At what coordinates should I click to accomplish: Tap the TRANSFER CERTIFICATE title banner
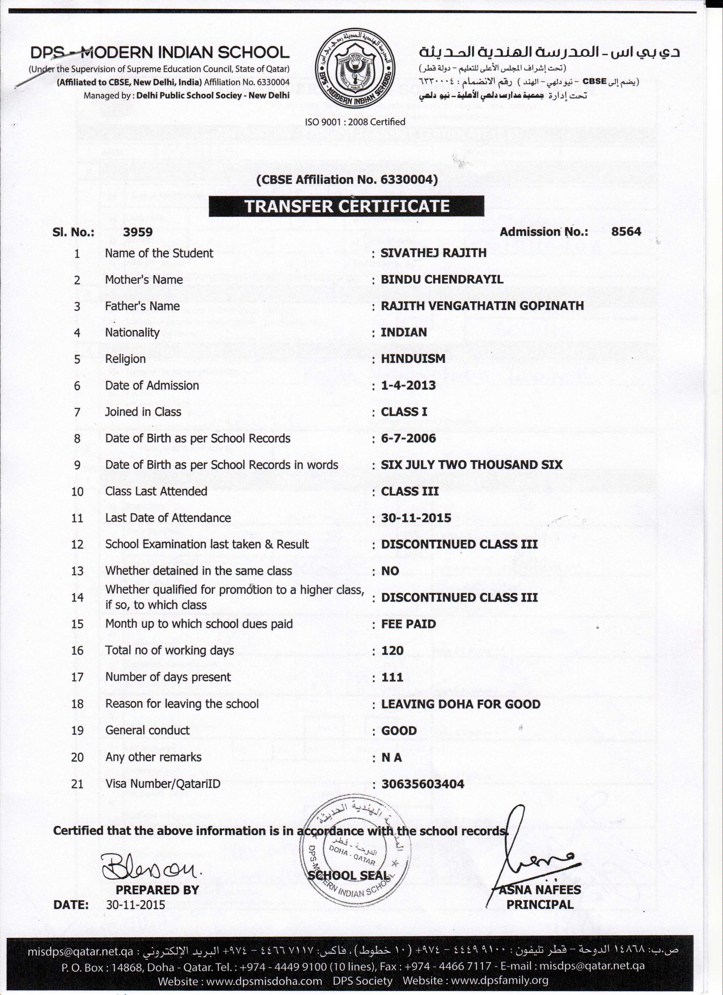[346, 206]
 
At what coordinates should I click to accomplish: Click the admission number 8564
[626, 232]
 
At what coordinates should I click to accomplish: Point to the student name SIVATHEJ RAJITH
[433, 253]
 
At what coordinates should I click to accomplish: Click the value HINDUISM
[413, 359]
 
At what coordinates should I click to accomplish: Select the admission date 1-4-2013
[408, 386]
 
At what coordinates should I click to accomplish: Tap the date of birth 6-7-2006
[408, 438]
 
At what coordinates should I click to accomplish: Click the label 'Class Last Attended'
[156, 491]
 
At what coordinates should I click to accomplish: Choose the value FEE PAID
[408, 624]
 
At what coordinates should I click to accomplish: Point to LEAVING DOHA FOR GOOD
[460, 704]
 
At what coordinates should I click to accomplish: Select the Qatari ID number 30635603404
[422, 784]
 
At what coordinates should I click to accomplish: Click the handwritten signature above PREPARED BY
[149, 867]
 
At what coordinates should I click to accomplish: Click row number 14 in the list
[77, 598]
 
